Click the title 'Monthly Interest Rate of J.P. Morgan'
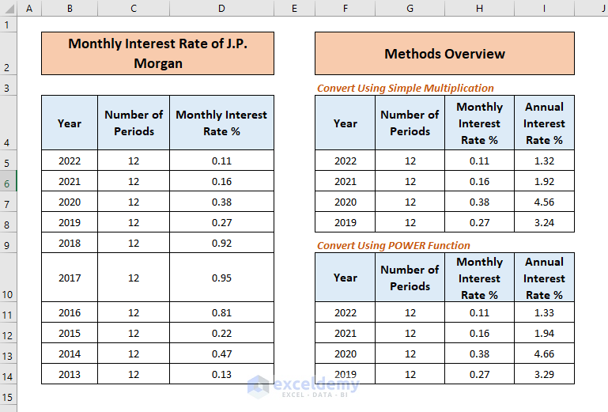coord(157,53)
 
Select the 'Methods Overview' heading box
coord(444,54)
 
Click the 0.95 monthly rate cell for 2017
coord(221,278)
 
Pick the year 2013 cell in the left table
coord(70,374)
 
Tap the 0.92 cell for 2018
coord(221,243)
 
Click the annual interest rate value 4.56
coord(544,202)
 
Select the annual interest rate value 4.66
coord(544,353)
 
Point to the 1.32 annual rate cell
coord(544,161)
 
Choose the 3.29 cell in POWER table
coord(544,374)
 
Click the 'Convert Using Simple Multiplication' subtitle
coord(405,88)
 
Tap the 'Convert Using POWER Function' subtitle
coord(393,245)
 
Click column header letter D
coord(221,8)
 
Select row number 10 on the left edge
coord(8,294)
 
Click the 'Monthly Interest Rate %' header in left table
coord(221,123)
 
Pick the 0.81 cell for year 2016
coord(221,312)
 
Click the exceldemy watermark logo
coord(304,386)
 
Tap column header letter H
coord(479,8)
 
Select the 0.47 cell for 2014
coord(221,353)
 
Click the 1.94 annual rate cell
coord(544,333)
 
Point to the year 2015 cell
coord(70,333)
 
